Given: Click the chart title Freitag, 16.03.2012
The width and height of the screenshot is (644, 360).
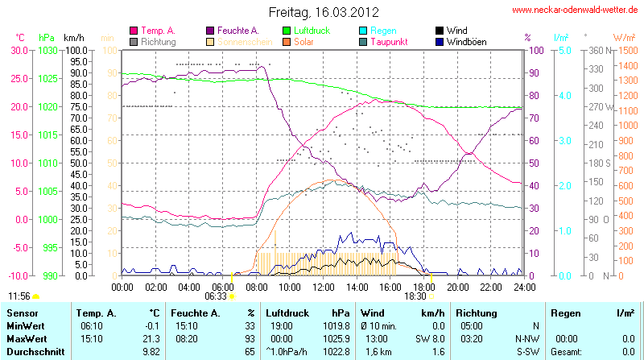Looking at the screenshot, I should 323,11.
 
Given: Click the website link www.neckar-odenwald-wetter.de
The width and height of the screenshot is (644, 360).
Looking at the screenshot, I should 576,10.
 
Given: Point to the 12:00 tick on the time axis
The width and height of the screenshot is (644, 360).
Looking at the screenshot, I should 323,286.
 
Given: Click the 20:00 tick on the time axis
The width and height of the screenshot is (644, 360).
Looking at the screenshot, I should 457,286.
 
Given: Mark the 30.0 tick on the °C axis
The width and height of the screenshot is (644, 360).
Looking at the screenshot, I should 18,50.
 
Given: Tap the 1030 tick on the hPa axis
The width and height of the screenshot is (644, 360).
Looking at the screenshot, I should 47,50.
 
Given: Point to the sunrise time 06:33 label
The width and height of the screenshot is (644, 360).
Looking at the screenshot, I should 216,296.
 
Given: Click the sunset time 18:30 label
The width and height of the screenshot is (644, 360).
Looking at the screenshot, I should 415,296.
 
